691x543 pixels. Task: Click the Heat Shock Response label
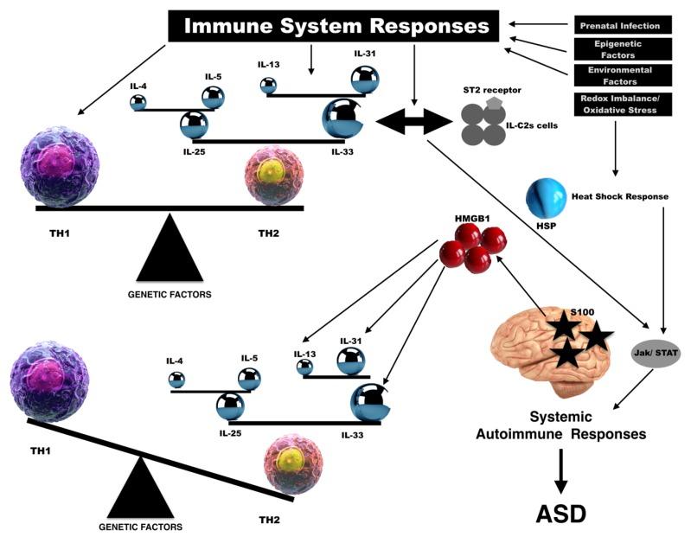621,196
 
